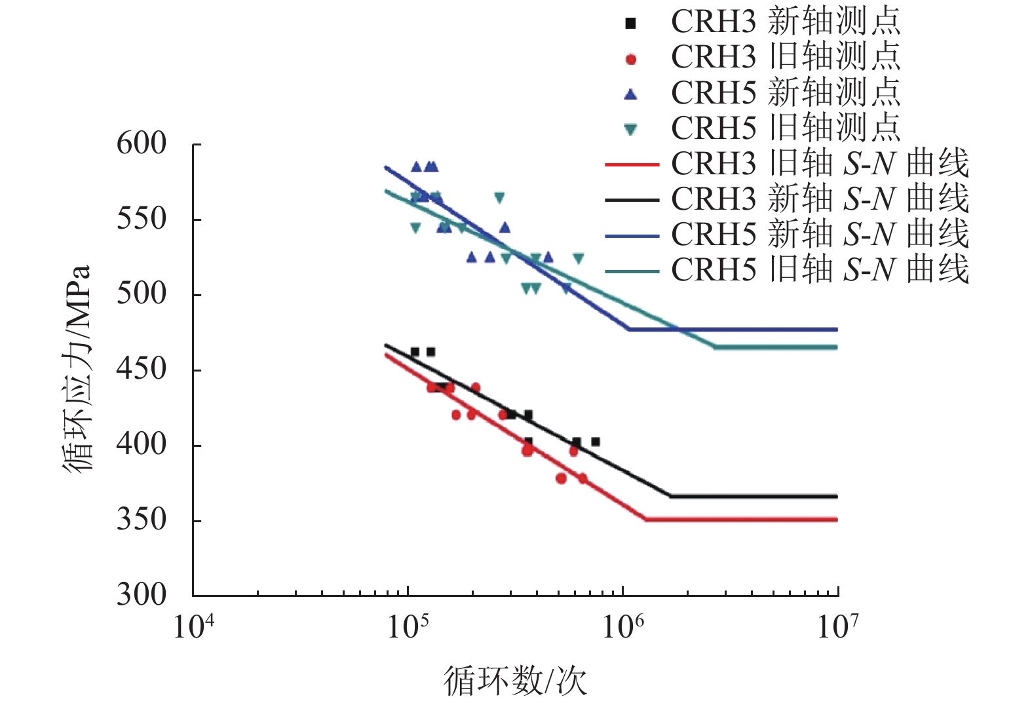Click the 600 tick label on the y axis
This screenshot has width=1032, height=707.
(x=142, y=143)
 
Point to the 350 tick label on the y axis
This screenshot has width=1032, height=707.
(x=142, y=520)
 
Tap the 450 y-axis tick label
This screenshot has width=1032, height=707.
(x=142, y=369)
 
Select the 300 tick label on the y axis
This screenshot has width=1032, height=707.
(x=142, y=595)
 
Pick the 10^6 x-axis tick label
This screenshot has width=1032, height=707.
(x=622, y=627)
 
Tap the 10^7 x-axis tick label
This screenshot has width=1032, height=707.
(x=837, y=627)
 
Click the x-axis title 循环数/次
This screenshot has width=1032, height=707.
(x=516, y=681)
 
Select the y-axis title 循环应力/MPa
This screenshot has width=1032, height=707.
(x=77, y=369)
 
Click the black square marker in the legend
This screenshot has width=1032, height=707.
(x=630, y=24)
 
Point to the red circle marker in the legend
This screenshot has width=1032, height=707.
(x=630, y=60)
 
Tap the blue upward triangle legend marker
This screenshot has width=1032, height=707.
(x=630, y=94)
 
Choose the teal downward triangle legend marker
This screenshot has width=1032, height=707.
(x=630, y=130)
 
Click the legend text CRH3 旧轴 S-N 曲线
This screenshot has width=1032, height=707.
(x=819, y=164)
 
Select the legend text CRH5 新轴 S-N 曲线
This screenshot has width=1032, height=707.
(x=819, y=234)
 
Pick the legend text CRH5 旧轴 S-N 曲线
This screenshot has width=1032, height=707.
(x=819, y=269)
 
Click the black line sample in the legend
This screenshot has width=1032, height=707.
(x=631, y=199)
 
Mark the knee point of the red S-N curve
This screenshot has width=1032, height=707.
(x=646, y=520)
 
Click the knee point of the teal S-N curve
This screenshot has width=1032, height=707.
(x=715, y=347)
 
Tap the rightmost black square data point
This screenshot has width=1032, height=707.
(x=595, y=442)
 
